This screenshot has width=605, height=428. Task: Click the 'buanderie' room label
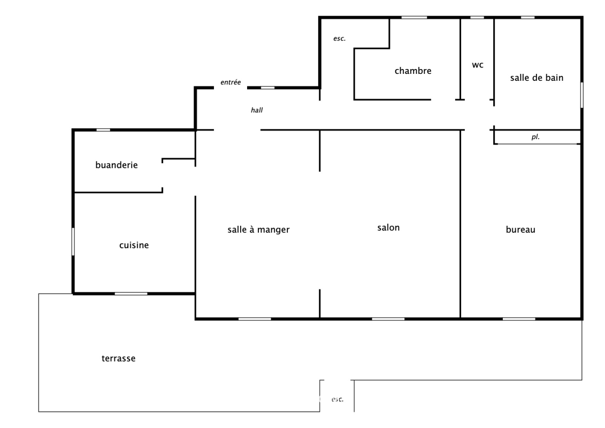(x=117, y=165)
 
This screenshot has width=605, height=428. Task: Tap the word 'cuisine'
(x=134, y=245)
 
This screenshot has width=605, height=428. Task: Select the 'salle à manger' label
(x=258, y=230)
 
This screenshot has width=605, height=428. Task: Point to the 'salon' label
(x=388, y=228)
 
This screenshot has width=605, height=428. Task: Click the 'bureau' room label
(x=520, y=230)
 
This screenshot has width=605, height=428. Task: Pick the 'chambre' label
(x=413, y=71)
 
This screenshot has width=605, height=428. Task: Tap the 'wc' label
(x=478, y=65)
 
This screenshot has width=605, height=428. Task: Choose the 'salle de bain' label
(x=537, y=78)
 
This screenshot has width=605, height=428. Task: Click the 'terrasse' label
(x=118, y=358)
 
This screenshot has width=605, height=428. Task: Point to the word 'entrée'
(x=231, y=82)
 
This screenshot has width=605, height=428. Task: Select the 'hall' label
(x=257, y=110)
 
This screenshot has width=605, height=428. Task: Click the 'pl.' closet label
(x=535, y=137)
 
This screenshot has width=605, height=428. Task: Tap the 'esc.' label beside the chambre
(x=340, y=39)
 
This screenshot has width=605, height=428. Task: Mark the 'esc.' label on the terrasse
(x=338, y=400)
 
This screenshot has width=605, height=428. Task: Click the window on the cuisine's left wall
(x=73, y=242)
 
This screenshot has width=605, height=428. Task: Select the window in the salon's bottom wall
(x=388, y=319)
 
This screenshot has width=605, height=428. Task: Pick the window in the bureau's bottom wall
(x=519, y=319)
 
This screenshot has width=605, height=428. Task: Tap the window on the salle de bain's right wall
(x=582, y=95)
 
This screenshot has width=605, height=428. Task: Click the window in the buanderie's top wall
(x=103, y=130)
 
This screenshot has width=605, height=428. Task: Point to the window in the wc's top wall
(x=477, y=17)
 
